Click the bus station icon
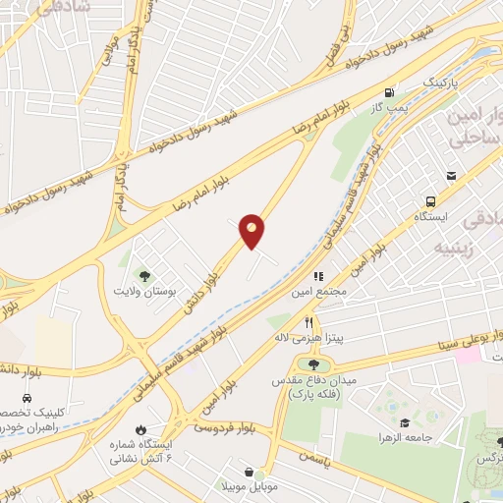(451, 176)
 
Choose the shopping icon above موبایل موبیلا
(248, 471)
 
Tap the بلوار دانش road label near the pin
(199, 293)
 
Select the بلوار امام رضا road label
(254, 156)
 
